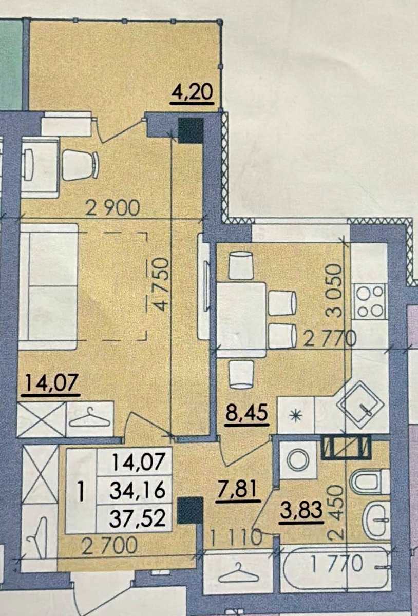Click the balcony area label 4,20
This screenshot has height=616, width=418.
coord(193,93)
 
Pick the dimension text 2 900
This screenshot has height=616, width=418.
coord(112,208)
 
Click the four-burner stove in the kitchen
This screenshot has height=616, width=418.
coord(370,301)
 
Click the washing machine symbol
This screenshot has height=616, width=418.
coord(297,459)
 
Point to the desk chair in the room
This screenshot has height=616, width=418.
coord(80,165)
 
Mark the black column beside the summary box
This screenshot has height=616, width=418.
coord(190,511)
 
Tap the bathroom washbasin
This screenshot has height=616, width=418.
coord(377,519)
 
